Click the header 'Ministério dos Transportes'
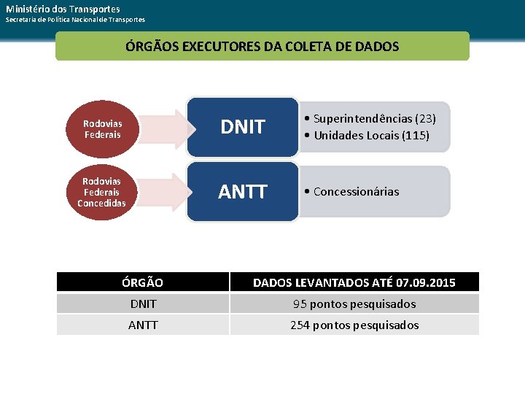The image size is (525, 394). (x=63, y=8)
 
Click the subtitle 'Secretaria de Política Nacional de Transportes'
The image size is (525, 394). (x=75, y=20)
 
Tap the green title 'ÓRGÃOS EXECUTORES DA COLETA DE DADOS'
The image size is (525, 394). (x=262, y=46)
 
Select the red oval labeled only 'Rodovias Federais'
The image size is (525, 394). (x=103, y=129)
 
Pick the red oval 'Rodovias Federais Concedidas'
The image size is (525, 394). (x=101, y=191)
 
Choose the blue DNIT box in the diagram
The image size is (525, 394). (x=243, y=127)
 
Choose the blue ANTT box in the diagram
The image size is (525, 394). (x=243, y=192)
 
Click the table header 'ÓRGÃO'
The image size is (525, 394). (x=142, y=282)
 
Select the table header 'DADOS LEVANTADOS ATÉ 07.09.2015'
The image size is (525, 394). (x=354, y=282)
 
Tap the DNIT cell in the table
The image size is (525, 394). (x=142, y=304)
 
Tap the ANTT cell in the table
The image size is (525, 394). (x=142, y=325)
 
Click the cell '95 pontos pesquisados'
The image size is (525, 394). (x=354, y=304)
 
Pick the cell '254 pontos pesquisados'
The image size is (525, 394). (x=354, y=325)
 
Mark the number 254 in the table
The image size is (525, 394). (x=300, y=325)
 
